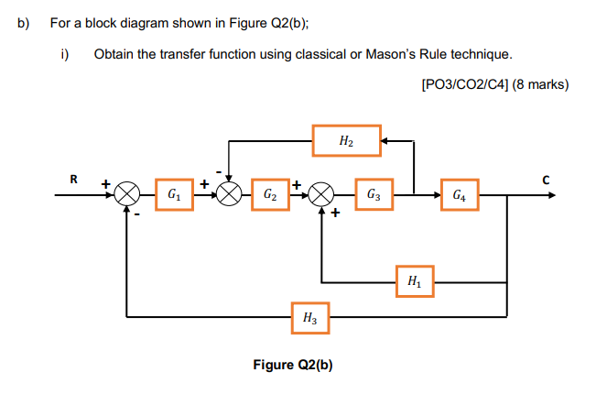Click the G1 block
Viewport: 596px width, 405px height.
[173, 194]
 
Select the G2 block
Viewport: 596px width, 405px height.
[270, 194]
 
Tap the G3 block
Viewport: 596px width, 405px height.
[374, 194]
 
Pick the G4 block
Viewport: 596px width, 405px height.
[459, 194]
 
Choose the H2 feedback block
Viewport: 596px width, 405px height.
[345, 141]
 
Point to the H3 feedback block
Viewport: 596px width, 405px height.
[309, 318]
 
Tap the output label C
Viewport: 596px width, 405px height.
[546, 180]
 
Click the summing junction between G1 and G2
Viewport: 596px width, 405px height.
[229, 195]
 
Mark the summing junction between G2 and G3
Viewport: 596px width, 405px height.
[321, 195]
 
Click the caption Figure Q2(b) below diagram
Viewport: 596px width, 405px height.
[292, 366]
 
